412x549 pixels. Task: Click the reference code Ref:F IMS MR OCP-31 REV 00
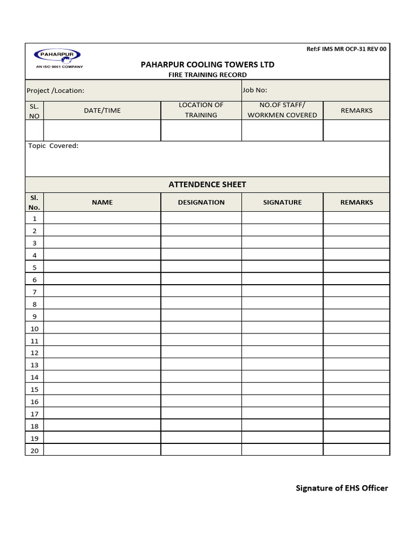coord(346,49)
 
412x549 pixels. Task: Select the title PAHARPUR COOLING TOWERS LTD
coord(207,64)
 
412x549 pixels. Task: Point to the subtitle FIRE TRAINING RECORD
coord(207,75)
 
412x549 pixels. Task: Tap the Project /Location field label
coord(56,91)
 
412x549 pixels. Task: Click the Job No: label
coord(255,90)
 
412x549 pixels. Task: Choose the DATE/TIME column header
coord(102,110)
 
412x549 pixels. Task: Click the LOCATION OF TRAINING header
coord(201,110)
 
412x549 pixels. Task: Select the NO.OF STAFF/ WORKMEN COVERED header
coord(282,110)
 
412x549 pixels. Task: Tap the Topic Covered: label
coord(53,146)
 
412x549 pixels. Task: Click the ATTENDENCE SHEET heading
coord(207,184)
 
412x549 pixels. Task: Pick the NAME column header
coord(102,202)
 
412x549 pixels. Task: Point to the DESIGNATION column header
coord(201,202)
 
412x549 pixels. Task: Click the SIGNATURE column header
coord(282,202)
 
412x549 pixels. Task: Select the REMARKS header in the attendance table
coord(356,202)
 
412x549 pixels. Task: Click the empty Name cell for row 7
coord(102,291)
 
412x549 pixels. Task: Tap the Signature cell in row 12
coord(282,352)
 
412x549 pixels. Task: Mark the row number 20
coord(34,450)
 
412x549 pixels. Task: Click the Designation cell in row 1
coord(201,218)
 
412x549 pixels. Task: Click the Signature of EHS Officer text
coord(342,488)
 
